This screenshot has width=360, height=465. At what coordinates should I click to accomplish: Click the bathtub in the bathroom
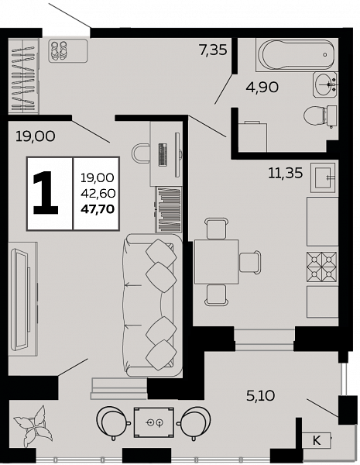pos(297,55)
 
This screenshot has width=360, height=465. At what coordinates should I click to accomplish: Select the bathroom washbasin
pos(325,84)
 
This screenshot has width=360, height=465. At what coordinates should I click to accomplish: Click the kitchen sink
pos(323,177)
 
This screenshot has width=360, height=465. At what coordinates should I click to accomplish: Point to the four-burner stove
pos(322,267)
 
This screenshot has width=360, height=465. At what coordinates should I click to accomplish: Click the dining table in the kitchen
pos(217,262)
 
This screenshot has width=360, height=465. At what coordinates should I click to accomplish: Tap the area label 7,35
pos(214,50)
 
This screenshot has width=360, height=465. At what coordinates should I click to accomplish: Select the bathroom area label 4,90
pos(262,87)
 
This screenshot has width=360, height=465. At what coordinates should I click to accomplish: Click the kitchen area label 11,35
pos(286,173)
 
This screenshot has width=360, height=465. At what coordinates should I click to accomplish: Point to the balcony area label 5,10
pos(261,395)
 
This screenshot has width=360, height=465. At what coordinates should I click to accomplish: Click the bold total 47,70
pos(98,209)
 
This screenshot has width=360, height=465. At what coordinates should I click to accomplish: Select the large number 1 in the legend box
pos(46,193)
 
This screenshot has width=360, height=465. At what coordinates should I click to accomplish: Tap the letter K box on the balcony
pos(317,440)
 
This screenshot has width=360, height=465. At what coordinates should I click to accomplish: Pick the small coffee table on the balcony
pos(154,422)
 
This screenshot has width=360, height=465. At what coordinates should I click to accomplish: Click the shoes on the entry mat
pos(58,50)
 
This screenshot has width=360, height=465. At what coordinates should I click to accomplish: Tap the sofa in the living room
pos(153,305)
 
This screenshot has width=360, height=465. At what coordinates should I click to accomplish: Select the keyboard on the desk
pos(163,155)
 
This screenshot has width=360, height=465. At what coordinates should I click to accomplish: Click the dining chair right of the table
pos(250,262)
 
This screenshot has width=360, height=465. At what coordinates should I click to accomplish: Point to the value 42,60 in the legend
pos(98,194)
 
